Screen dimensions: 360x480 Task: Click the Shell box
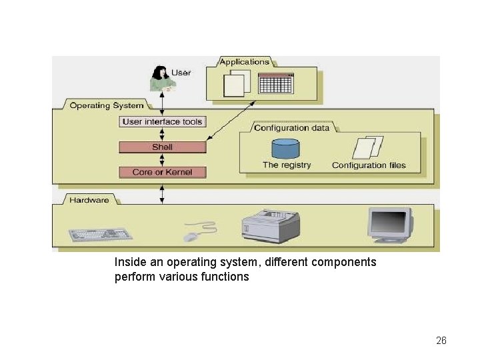pyautogui.click(x=162, y=147)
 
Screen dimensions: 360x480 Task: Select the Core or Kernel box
pyautogui.click(x=162, y=172)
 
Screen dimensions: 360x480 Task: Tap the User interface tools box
pyautogui.click(x=162, y=122)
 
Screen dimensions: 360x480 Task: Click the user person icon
pyautogui.click(x=160, y=79)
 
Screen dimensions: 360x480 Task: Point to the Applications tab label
pyautogui.click(x=245, y=62)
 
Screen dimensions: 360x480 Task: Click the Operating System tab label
pyautogui.click(x=106, y=105)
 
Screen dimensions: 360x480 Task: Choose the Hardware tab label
pyautogui.click(x=89, y=200)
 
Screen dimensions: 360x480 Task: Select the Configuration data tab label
pyautogui.click(x=291, y=127)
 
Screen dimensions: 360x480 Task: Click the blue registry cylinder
pyautogui.click(x=285, y=148)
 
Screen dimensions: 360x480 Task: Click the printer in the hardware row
pyautogui.click(x=269, y=225)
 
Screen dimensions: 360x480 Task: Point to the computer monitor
pyautogui.click(x=389, y=225)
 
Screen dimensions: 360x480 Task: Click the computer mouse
pyautogui.click(x=191, y=236)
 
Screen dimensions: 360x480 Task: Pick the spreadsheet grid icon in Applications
pyautogui.click(x=276, y=83)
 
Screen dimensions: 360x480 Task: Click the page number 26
pyautogui.click(x=441, y=341)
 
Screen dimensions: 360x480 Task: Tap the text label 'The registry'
pyautogui.click(x=287, y=165)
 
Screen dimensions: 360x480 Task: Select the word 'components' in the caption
pyautogui.click(x=343, y=262)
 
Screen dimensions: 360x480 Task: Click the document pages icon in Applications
pyautogui.click(x=236, y=83)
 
